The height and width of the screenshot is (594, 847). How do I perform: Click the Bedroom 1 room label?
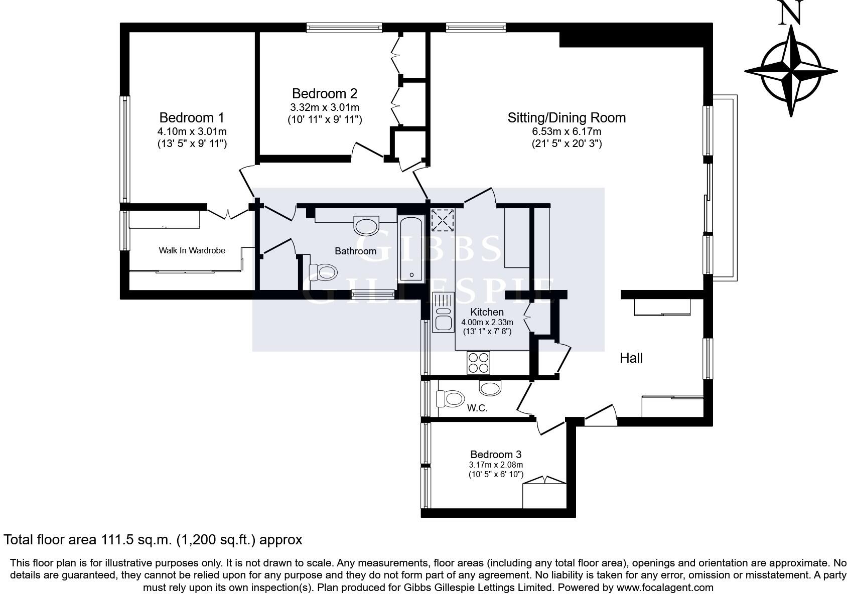[192, 117]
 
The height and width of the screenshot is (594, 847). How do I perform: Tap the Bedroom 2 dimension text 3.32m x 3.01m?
[325, 107]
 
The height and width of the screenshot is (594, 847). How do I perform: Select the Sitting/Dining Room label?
[567, 118]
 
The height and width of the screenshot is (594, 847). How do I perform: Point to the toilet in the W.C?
[450, 399]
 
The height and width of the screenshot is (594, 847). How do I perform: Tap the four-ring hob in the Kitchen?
[478, 362]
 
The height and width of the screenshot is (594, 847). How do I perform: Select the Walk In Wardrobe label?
[192, 250]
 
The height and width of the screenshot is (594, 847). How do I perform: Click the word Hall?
[631, 358]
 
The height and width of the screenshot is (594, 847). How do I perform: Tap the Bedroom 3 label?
[496, 455]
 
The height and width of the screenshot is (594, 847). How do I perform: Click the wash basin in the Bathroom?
[366, 225]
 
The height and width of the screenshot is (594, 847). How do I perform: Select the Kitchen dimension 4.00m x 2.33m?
[487, 322]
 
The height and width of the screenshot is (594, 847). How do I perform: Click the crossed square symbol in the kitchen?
[443, 220]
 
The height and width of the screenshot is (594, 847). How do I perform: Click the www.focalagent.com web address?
[665, 587]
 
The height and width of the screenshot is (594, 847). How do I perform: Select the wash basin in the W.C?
[490, 387]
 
